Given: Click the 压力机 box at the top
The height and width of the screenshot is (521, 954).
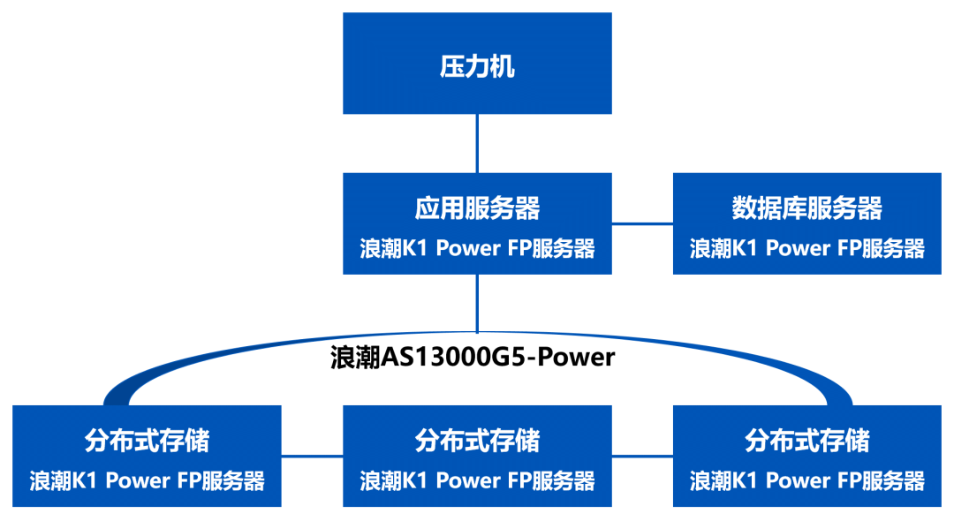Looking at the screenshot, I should point(477,64).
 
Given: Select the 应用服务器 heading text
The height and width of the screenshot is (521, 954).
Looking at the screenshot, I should point(477,208).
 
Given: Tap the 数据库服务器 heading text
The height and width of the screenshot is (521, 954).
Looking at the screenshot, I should point(806,208).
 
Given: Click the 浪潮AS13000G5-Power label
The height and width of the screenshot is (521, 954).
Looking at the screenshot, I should point(473,358).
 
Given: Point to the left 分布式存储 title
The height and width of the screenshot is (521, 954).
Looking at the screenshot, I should point(147,440).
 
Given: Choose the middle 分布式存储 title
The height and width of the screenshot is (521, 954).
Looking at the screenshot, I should point(477,440).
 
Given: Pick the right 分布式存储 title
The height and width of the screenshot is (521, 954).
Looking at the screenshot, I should point(806,440).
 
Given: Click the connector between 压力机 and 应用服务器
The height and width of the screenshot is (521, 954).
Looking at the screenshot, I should point(477,143).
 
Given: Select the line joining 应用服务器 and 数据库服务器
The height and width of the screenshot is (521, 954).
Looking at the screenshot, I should point(642,223).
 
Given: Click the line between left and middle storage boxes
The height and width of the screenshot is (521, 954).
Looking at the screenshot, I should point(312,456).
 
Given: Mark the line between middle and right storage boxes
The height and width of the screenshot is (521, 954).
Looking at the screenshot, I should point(642,456).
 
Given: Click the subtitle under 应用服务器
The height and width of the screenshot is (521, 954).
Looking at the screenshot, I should point(477,248).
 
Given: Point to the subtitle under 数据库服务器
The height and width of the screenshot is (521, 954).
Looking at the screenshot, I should point(806,248).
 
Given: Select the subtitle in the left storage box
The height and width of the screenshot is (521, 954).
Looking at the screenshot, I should point(147,480).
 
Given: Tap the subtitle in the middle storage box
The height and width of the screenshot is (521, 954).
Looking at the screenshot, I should point(477,480).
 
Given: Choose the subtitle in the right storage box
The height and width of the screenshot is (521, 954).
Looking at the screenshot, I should point(806,480).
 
